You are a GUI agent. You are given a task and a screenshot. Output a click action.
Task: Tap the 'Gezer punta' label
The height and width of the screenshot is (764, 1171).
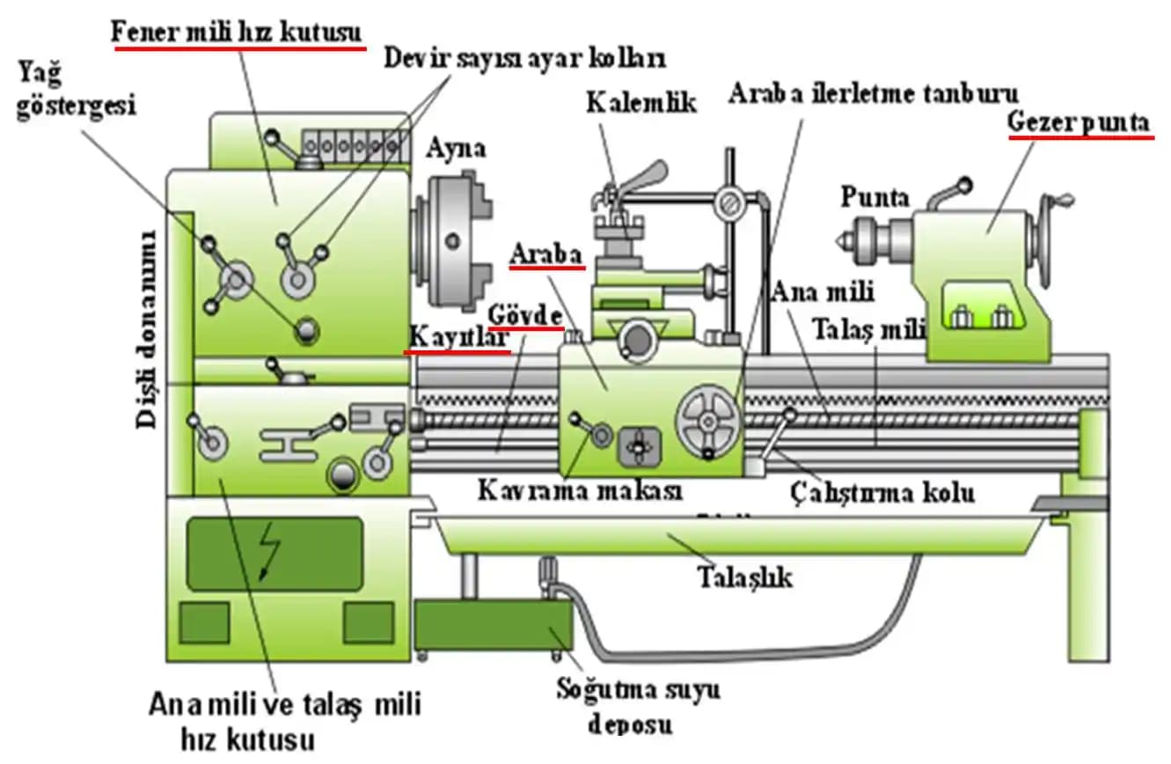[x=1079, y=124]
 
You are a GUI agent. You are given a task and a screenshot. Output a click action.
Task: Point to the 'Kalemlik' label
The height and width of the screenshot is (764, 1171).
[x=641, y=102]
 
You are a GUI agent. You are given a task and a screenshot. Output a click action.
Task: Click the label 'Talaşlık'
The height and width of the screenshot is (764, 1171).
[x=744, y=577]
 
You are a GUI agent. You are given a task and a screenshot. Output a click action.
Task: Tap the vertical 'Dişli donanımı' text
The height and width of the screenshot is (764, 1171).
[x=147, y=329]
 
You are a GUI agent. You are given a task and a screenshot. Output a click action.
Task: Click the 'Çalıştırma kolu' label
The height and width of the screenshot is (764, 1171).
[x=882, y=491]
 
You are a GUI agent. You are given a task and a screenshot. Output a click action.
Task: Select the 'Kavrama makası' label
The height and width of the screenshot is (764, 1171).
[x=580, y=490]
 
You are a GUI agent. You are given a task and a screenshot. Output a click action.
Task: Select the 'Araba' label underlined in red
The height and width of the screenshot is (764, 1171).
[x=547, y=255]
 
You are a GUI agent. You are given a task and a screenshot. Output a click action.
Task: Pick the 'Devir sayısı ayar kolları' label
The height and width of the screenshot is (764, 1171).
[x=524, y=59]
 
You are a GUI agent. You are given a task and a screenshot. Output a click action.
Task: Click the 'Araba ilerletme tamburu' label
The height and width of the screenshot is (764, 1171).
[x=873, y=93]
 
